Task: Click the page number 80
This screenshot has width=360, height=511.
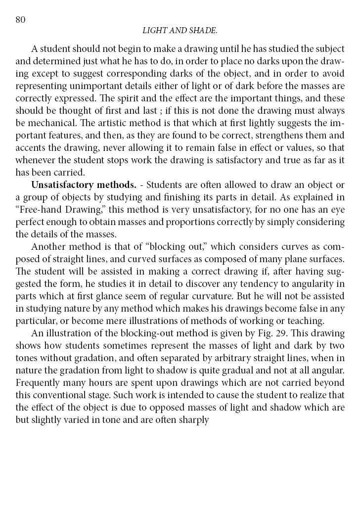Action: point(20,19)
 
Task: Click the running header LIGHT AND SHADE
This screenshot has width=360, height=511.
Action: point(180,31)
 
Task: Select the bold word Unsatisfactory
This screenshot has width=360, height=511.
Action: point(59,185)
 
